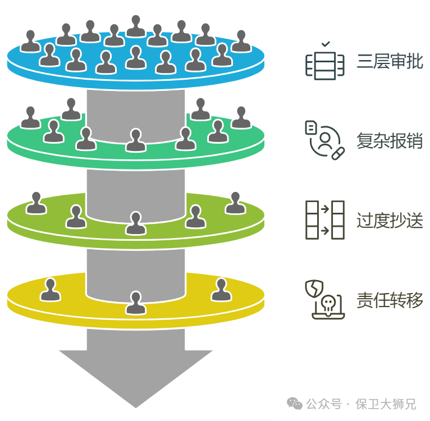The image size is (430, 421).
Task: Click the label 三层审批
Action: tap(390, 61)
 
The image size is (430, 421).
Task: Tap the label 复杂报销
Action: tap(390, 140)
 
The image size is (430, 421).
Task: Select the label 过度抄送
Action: tap(390, 220)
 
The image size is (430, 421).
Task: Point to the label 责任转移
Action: tap(390, 300)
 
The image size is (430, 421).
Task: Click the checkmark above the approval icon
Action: tap(326, 44)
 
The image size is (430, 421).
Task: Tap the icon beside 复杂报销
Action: tap(325, 140)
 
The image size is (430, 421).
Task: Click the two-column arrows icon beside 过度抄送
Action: tap(325, 220)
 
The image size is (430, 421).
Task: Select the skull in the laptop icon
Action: tap(328, 303)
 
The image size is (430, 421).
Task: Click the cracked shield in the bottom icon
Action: tap(314, 289)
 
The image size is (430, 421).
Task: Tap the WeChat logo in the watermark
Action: tap(294, 404)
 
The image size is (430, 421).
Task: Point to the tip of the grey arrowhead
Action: tap(136, 408)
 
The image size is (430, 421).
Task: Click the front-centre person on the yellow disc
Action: tap(135, 303)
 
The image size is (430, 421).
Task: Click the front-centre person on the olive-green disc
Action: tap(135, 223)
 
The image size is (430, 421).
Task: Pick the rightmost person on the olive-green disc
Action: tap(235, 203)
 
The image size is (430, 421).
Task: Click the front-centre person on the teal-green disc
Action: tap(135, 140)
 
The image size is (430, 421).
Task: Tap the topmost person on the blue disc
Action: tap(136, 26)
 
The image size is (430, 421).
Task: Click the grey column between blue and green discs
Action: tap(136, 115)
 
